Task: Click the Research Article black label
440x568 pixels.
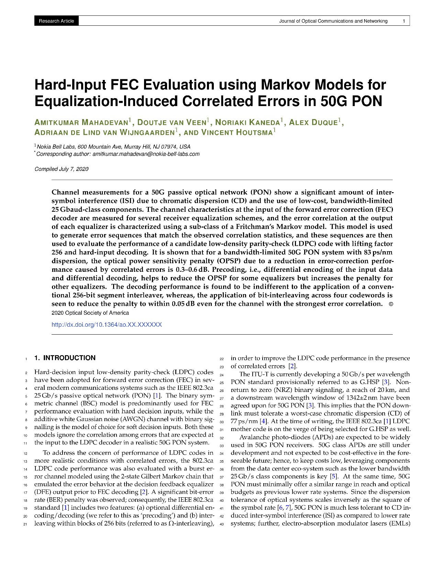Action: point(56,21)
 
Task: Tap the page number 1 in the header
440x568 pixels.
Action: point(404,21)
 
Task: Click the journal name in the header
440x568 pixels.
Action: point(333,21)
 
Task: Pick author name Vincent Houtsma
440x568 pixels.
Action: point(237,132)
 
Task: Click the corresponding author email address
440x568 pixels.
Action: point(146,154)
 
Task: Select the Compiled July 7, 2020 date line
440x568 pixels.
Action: point(62,169)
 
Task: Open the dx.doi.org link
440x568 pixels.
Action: point(107,325)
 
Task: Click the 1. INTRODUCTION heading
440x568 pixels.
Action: point(65,358)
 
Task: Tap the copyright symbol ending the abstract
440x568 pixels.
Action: point(391,304)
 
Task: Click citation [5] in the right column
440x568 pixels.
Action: point(333,476)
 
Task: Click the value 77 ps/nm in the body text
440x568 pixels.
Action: point(245,421)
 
